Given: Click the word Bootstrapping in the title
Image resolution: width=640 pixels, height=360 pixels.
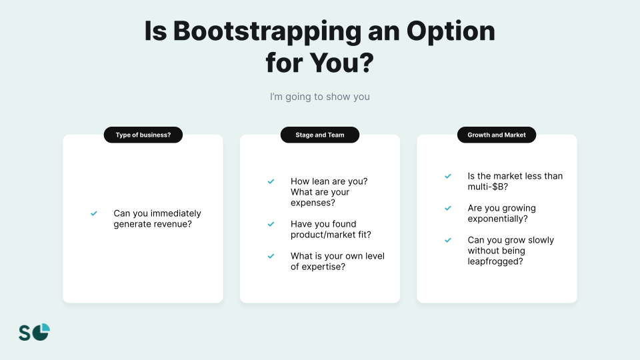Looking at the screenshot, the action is [267, 32].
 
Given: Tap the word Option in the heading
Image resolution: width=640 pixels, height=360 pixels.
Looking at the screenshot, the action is [451, 32].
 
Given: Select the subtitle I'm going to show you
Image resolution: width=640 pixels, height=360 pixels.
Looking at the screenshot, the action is [319, 97].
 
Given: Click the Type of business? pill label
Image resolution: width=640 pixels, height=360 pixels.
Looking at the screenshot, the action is [143, 135].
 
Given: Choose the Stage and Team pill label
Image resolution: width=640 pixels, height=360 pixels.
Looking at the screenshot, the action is [319, 135].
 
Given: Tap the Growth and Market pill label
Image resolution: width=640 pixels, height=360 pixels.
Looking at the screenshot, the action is [496, 135].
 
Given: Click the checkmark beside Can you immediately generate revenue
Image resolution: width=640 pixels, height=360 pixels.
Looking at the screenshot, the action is [94, 213].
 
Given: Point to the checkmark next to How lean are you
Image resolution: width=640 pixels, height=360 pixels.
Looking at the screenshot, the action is [271, 181].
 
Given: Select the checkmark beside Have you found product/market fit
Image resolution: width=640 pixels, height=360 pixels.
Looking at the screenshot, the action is [271, 224].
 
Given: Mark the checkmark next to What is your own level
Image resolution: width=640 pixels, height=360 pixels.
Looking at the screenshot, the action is [271, 256].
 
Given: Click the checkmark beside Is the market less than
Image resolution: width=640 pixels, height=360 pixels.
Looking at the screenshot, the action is [448, 176].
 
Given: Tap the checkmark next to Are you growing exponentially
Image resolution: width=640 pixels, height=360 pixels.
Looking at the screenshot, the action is [448, 208].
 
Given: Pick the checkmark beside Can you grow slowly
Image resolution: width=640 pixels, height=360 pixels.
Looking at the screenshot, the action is [448, 240].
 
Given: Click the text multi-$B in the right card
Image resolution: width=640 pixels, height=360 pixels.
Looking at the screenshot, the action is [488, 187].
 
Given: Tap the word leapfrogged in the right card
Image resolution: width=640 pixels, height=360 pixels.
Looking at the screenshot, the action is [495, 261].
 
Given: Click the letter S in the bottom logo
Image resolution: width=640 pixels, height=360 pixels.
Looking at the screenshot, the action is [25, 333].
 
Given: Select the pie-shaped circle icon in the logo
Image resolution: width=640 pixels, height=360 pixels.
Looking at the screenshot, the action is [41, 332].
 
